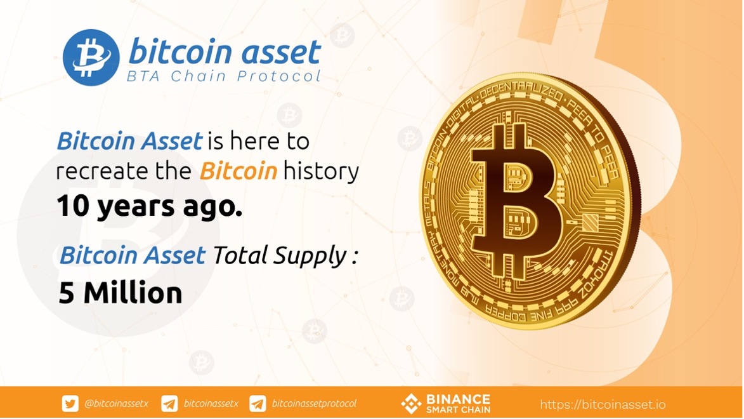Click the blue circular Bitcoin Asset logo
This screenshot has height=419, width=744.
[91, 58]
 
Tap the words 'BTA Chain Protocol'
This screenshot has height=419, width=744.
[223, 76]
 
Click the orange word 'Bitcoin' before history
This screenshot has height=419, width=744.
[238, 171]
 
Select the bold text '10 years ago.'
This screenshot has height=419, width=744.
[150, 206]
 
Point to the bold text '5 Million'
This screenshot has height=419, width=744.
[121, 293]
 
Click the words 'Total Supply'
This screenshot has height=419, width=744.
[280, 256]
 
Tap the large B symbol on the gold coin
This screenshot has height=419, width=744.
[517, 199]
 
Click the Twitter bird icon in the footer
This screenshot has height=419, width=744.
[70, 404]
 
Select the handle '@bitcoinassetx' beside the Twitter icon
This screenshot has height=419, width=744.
[116, 404]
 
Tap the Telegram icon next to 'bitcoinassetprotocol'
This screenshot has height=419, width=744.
[258, 404]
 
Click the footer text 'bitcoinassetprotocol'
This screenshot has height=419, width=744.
[314, 404]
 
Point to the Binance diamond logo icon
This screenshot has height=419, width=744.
[411, 404]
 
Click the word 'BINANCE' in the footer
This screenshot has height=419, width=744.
[458, 399]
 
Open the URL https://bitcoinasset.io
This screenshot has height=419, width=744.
[603, 405]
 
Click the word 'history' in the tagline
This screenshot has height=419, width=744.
[321, 171]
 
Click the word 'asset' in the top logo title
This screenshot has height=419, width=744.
[282, 52]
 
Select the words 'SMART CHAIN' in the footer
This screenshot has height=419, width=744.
[458, 409]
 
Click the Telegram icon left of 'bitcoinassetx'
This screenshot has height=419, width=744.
[169, 404]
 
